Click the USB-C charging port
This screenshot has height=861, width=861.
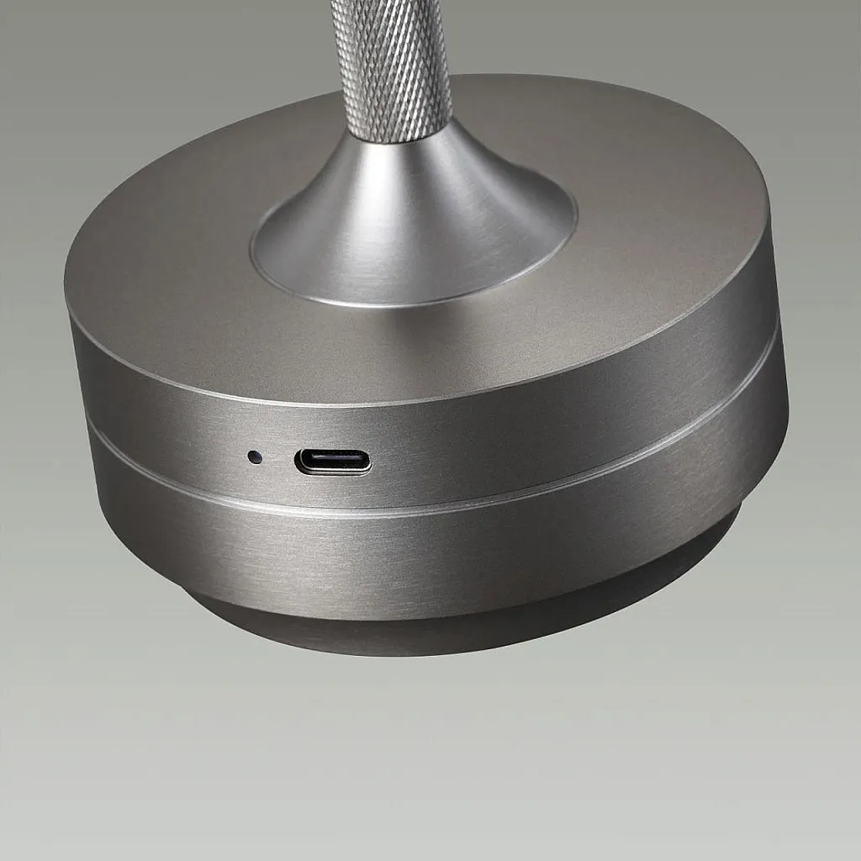tap(332, 462)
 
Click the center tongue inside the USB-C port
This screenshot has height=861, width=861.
tap(332, 462)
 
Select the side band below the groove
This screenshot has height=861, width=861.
tap(420, 555)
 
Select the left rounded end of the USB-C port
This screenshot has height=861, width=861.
tap(299, 462)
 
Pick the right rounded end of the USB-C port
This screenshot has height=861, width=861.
tap(366, 462)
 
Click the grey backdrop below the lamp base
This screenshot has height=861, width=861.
tap(420, 757)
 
